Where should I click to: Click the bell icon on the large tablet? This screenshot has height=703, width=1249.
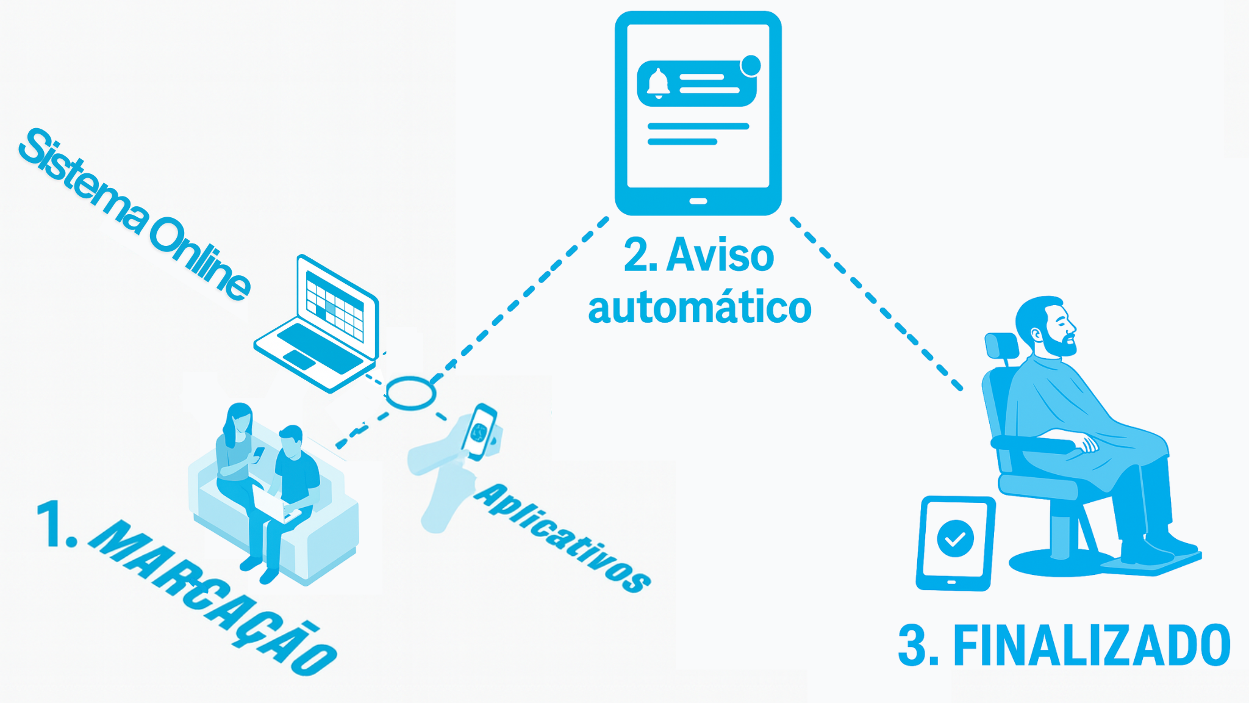pos(658,83)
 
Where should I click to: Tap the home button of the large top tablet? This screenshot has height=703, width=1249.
pos(698,201)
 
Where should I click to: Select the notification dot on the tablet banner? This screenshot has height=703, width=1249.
pos(751,65)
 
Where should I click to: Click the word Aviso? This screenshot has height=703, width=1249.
pos(720,255)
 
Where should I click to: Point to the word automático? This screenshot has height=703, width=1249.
pos(700,308)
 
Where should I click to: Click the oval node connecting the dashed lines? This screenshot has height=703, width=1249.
pos(410,393)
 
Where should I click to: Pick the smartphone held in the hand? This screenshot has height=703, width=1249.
pos(479,431)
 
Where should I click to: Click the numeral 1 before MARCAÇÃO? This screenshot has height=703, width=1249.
pos(55,524)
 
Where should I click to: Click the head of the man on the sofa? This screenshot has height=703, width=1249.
pos(292,441)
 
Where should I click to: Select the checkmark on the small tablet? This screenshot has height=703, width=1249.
pos(955,538)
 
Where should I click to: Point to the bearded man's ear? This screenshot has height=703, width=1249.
pos(1036,334)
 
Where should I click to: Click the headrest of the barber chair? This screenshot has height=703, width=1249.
pos(1001,346)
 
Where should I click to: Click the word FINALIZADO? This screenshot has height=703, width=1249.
pos(1092,646)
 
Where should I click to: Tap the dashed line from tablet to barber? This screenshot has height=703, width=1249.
pos(875,302)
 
